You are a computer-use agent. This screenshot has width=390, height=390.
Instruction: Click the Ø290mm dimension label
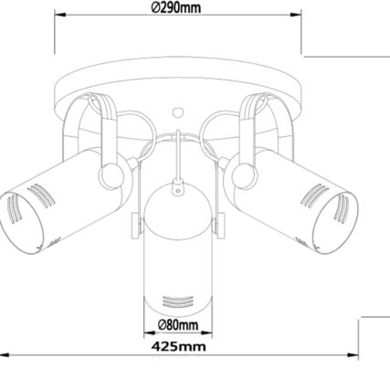(x=176, y=7)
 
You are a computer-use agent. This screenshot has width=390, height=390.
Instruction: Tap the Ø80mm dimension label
(x=178, y=325)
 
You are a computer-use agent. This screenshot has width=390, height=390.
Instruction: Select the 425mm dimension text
(x=179, y=346)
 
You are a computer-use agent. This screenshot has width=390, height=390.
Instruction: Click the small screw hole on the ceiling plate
(x=177, y=112)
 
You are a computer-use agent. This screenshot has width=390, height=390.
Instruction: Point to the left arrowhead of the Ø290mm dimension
(x=60, y=15)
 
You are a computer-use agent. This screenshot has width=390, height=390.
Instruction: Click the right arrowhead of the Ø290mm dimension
(x=296, y=15)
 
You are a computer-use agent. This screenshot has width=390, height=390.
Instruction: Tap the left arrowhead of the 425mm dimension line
(x=5, y=355)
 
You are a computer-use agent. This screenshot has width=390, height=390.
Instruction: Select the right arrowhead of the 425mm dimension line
(x=353, y=355)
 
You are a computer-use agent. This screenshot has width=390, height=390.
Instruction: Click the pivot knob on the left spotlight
(x=111, y=175)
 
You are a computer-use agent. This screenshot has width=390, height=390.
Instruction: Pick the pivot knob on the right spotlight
(x=244, y=175)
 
